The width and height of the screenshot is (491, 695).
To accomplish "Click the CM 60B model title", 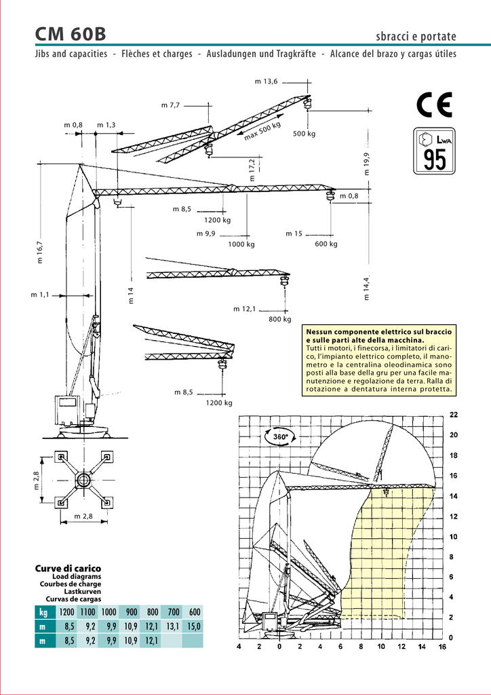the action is [x=70, y=34].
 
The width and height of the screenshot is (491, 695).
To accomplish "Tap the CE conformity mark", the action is [x=434, y=105].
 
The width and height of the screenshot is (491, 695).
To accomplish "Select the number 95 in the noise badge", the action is [x=434, y=159].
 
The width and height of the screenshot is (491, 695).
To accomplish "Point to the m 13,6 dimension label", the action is [x=266, y=81].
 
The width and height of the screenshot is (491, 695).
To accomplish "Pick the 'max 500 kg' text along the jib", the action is [x=262, y=131].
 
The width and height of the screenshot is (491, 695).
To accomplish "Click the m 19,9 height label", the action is [x=367, y=164].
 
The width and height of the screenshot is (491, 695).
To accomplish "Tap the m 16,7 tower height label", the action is [x=40, y=252].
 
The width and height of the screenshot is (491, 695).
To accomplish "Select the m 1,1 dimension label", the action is [x=40, y=295].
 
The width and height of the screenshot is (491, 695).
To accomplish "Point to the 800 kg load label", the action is [x=280, y=319].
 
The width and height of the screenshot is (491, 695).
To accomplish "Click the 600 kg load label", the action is [x=326, y=244].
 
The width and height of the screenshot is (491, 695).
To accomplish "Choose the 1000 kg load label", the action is [x=241, y=244].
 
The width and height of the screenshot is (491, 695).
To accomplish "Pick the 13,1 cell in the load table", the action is [x=173, y=626].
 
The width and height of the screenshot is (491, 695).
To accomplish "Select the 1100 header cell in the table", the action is [x=87, y=612].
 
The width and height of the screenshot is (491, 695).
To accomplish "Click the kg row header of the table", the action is [x=43, y=612].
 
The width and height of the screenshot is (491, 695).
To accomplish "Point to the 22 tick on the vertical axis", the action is [x=454, y=415].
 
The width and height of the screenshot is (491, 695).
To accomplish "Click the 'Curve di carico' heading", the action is [x=68, y=568].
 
